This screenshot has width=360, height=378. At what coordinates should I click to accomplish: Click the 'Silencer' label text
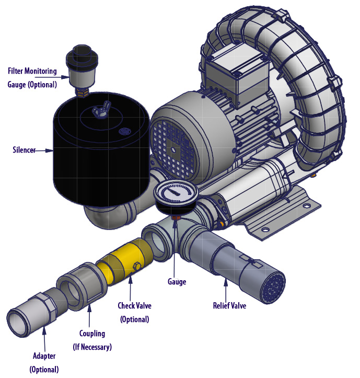(24, 150)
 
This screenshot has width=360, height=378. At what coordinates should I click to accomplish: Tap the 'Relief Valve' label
(229, 305)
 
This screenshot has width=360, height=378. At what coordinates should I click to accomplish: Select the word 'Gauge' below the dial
(177, 282)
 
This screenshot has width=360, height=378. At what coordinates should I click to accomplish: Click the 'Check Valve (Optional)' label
(134, 312)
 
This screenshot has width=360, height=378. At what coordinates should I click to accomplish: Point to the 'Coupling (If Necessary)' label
(92, 340)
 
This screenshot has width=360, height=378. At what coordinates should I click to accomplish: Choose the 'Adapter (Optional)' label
(44, 362)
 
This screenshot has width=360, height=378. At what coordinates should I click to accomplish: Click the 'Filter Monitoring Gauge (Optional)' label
(32, 77)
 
